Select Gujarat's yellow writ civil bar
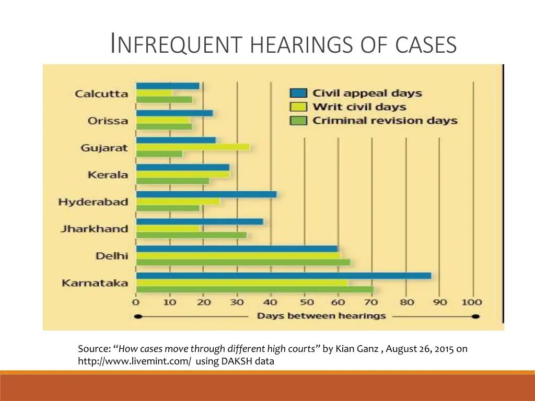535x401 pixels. pyautogui.click(x=193, y=147)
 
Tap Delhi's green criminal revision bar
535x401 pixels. pyautogui.click(x=243, y=262)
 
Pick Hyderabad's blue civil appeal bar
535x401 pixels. pyautogui.click(x=206, y=194)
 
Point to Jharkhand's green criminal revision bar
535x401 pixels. pyautogui.click(x=191, y=235)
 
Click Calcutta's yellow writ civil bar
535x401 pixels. pyautogui.click(x=155, y=93)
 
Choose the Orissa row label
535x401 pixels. pyautogui.click(x=108, y=121)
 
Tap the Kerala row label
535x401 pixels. pyautogui.click(x=108, y=175)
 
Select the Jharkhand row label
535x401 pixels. pyautogui.click(x=94, y=229)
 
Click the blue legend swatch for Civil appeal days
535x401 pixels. pyautogui.click(x=298, y=93)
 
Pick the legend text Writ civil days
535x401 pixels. pyautogui.click(x=359, y=107)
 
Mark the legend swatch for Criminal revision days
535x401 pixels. pyautogui.click(x=298, y=121)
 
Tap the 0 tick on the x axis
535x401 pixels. pyautogui.click(x=136, y=302)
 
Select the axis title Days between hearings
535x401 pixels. pyautogui.click(x=321, y=316)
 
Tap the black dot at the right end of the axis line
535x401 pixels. pyautogui.click(x=475, y=316)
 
